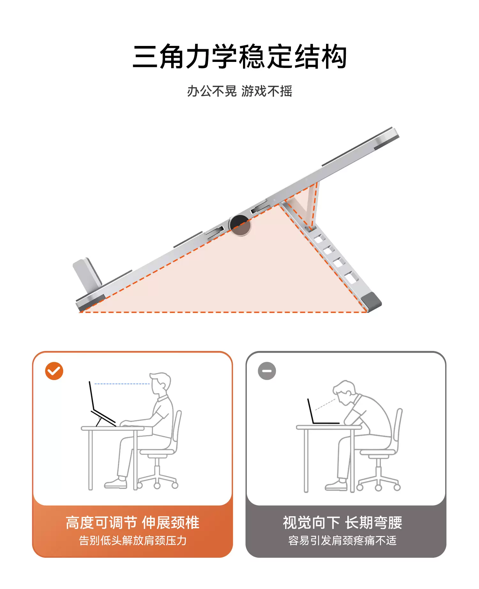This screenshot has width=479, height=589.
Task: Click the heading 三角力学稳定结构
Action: click(x=240, y=57)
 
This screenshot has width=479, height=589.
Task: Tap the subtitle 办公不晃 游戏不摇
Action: click(x=240, y=91)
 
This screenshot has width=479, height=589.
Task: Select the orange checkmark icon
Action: click(x=54, y=371)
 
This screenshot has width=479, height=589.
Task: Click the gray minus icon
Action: click(x=267, y=371)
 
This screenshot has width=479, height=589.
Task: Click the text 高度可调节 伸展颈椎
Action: click(x=133, y=523)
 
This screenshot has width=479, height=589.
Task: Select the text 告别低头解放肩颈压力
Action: click(x=133, y=541)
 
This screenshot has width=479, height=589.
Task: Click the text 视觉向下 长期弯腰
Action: click(x=343, y=523)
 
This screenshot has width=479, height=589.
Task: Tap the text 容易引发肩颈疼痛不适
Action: click(x=343, y=541)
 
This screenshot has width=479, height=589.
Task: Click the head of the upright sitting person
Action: click(x=161, y=384)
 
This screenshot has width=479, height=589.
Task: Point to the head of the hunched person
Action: click(x=344, y=393)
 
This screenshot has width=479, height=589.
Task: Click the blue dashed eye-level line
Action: click(x=122, y=384)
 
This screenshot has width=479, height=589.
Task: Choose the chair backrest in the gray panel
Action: click(x=398, y=429)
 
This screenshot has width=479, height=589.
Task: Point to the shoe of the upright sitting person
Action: click(x=116, y=484)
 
